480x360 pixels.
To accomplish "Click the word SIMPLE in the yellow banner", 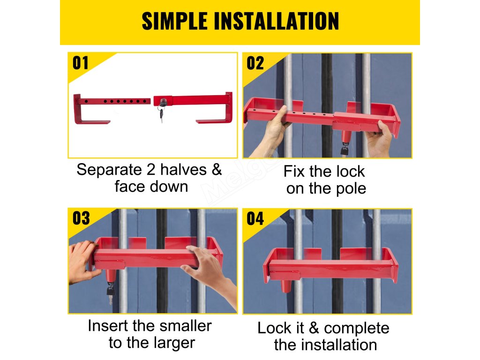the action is pos(174,21).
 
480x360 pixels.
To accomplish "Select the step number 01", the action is pos(81,63).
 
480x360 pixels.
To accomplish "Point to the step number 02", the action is pos(255,63).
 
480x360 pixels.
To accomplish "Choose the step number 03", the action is pos(81,218).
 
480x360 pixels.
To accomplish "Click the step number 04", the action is pos(255,218).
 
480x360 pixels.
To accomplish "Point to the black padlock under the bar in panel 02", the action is pos(345,150).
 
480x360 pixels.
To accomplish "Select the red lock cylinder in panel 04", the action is pos(286,284).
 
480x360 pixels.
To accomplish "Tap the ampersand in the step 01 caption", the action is pos(217,170).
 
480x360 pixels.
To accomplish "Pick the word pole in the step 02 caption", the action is pos(351,189).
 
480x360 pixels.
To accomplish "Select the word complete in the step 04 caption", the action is pos(357,329).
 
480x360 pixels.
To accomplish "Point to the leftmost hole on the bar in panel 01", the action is pos(87,101).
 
